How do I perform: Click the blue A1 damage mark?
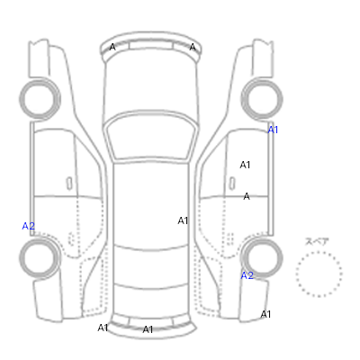(273, 130)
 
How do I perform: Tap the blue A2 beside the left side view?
(29, 226)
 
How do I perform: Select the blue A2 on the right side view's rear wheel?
(247, 275)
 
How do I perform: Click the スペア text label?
(317, 241)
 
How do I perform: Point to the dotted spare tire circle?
(319, 252)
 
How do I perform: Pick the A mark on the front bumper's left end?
(112, 47)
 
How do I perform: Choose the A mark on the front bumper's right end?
(193, 47)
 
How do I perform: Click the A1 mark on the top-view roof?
(183, 220)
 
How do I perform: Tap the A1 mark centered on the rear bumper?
(148, 329)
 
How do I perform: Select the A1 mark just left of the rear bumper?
(103, 328)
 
